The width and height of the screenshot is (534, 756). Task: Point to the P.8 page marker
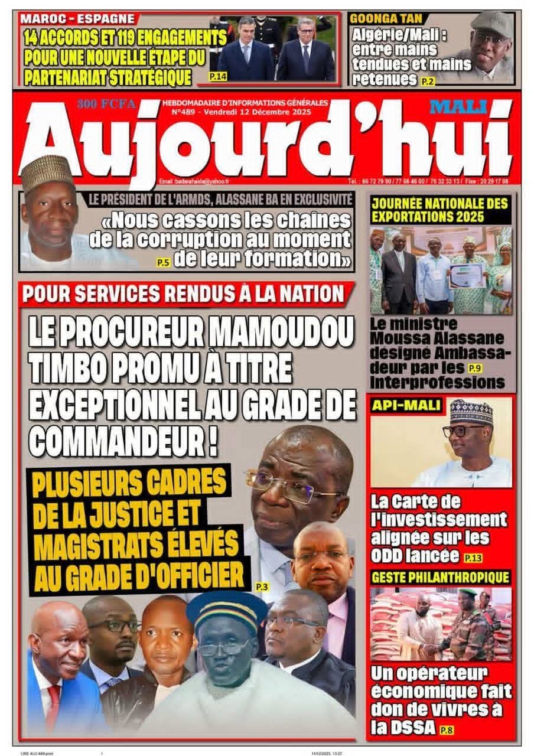point(447,731)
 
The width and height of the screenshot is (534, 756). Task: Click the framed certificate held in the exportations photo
point(466,275)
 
